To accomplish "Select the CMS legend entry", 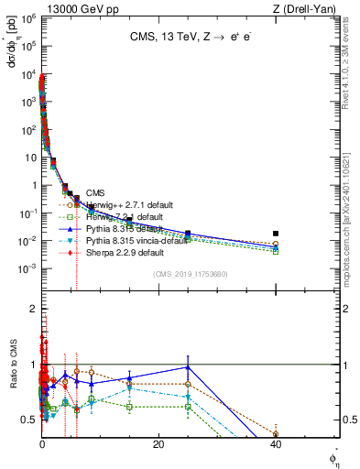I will point(95,192).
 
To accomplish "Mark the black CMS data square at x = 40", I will point(276,234).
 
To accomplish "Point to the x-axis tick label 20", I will point(158,445).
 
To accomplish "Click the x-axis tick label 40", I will point(276,445).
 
